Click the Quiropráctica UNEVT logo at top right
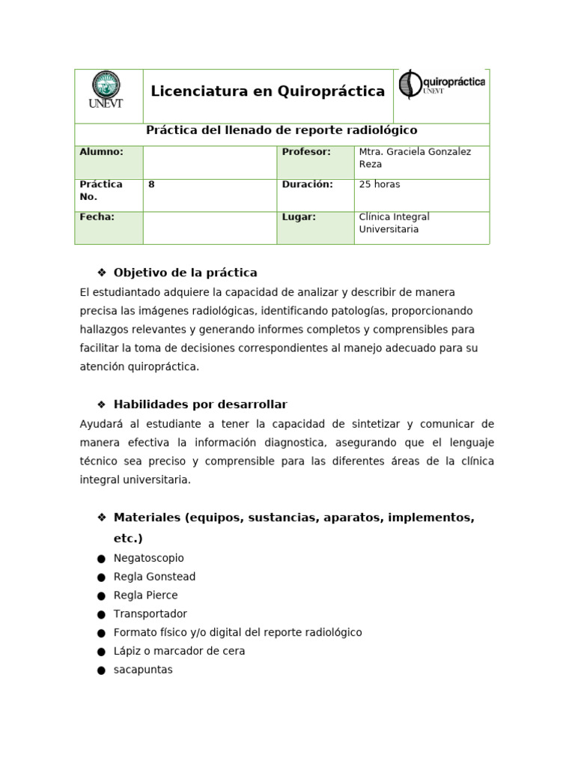[x=442, y=84]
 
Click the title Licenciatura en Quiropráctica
[x=267, y=91]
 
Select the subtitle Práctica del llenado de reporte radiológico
[x=282, y=130]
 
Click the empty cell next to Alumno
[x=210, y=162]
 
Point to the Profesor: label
[x=305, y=152]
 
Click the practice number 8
[x=151, y=184]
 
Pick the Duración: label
[x=307, y=184]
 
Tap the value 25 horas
[x=380, y=184]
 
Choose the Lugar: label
[x=299, y=217]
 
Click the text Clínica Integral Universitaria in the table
[x=394, y=223]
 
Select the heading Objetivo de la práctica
[x=185, y=273]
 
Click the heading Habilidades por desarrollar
[x=200, y=404]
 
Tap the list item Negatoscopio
[x=148, y=558]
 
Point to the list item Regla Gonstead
[x=154, y=577]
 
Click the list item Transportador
[x=150, y=613]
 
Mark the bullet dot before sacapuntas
[x=101, y=670]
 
